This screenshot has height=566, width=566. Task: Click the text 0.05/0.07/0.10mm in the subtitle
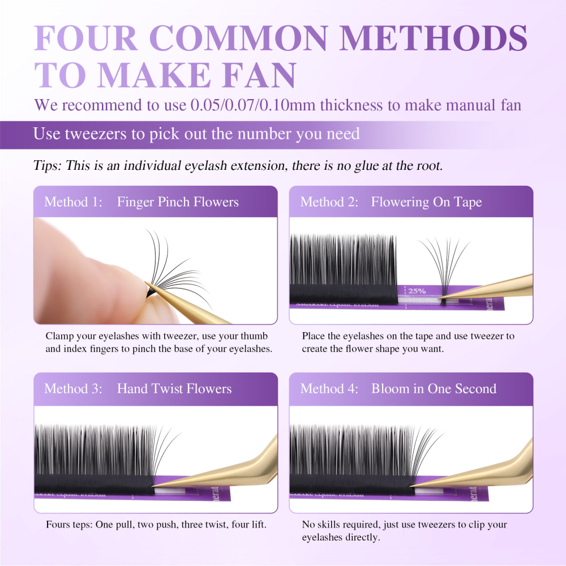pyautogui.click(x=278, y=105)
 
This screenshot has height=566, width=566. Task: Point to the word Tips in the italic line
pyautogui.click(x=47, y=166)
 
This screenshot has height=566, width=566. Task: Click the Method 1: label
pyautogui.click(x=73, y=202)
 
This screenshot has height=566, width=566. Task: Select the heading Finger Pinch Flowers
pyautogui.click(x=178, y=202)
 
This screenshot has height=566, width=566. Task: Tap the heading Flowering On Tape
pyautogui.click(x=426, y=202)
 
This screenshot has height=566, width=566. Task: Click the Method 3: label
pyautogui.click(x=73, y=389)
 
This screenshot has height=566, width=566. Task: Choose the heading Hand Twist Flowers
pyautogui.click(x=174, y=389)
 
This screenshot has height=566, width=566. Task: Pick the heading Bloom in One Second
pyautogui.click(x=434, y=389)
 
